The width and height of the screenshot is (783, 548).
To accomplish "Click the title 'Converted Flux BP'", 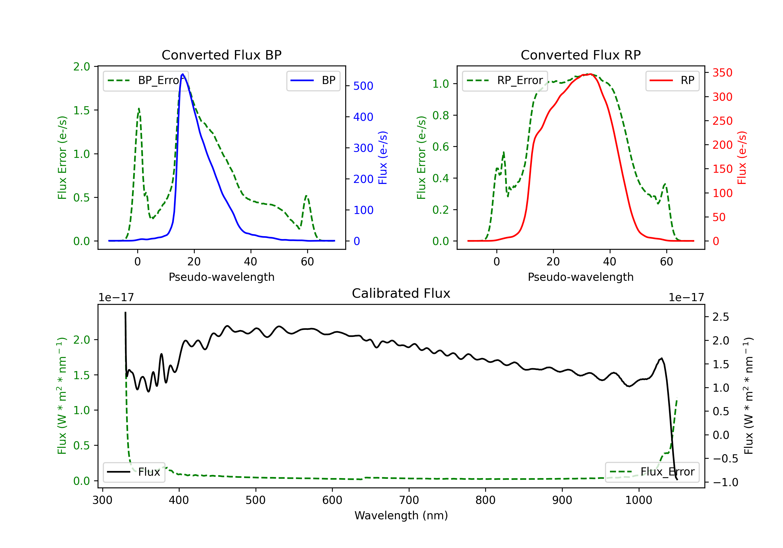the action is [x=221, y=55].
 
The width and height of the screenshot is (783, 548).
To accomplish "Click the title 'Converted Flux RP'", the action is [x=580, y=55].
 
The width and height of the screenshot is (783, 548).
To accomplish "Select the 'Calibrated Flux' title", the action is [x=401, y=293].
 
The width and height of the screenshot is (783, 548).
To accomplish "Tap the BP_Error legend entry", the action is [x=146, y=80].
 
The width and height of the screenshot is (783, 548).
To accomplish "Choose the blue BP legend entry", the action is [x=313, y=80].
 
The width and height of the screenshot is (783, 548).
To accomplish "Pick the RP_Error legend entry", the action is [x=505, y=80].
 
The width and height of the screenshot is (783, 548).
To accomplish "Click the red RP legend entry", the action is [x=672, y=80].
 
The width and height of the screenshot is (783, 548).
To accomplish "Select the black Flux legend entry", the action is [x=134, y=472].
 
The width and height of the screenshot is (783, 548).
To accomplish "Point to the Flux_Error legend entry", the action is [x=652, y=472].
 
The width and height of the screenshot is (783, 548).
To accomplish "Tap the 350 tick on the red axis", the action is [x=722, y=73].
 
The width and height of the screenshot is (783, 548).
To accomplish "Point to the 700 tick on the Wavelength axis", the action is [x=409, y=500].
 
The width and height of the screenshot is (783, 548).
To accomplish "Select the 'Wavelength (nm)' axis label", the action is [x=401, y=515].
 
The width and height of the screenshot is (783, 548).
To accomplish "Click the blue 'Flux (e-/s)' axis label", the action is [x=383, y=158].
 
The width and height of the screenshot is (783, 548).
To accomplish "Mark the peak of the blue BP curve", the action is [x=183, y=74].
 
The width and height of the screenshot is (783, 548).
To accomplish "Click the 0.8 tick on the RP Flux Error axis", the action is [x=441, y=115].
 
